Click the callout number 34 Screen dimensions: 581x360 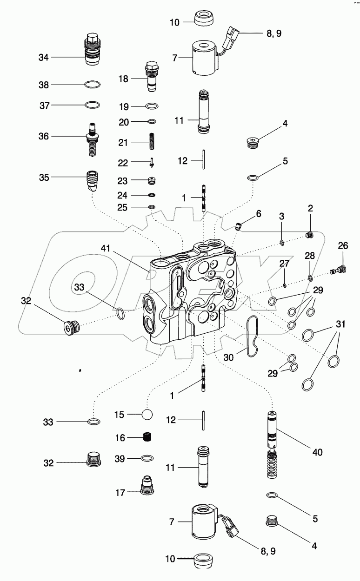43,57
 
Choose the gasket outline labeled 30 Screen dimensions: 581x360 253,337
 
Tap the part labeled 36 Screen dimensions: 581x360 93,138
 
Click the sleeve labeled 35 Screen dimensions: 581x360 93,180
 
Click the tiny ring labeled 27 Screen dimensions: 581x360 285,285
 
